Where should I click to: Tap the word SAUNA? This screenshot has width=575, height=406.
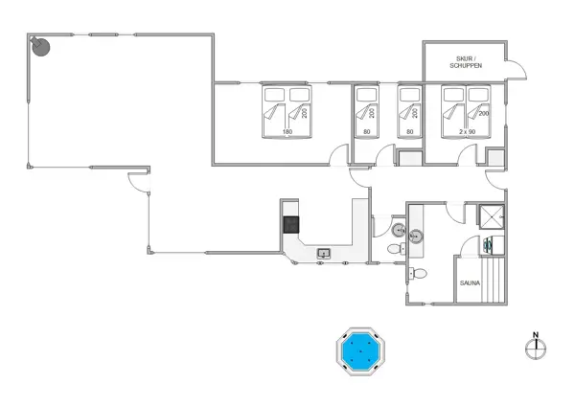470,282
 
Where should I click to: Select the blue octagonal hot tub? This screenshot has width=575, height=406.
360,352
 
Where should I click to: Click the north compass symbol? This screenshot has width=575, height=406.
536,348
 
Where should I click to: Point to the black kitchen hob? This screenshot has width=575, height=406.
291,225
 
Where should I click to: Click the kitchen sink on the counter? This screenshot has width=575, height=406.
324,254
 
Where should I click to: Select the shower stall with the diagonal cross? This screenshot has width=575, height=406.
493,218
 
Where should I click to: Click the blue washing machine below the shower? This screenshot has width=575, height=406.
489,246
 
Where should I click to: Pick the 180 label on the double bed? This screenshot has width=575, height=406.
287,131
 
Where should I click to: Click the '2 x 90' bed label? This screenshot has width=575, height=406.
467,131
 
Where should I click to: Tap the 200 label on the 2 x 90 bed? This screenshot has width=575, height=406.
483,114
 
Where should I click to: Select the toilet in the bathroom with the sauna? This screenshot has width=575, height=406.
417,274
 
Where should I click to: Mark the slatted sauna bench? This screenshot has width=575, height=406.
493,283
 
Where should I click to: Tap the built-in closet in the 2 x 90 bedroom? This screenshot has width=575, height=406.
494,159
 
